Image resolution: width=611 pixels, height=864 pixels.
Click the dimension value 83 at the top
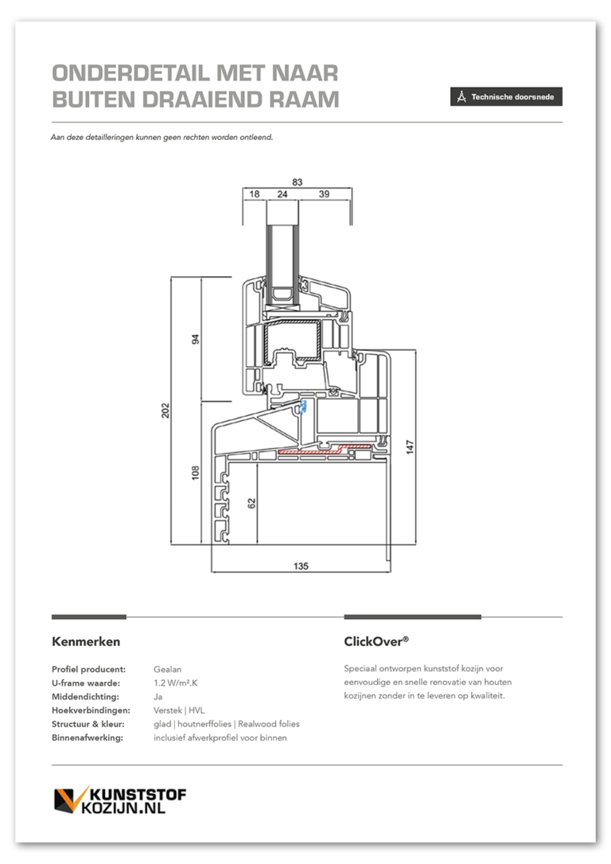tap(298, 182)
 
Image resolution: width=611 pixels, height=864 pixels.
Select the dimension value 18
tap(254, 194)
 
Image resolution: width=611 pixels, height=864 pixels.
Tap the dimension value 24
tap(282, 194)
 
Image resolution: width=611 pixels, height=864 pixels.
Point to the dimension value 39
tap(324, 194)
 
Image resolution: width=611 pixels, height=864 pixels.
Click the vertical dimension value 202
tap(165, 411)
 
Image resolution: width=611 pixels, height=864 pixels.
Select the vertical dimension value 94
tap(195, 339)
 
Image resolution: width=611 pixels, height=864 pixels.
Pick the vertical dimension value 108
tap(195, 473)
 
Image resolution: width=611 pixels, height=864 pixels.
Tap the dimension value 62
tap(251, 503)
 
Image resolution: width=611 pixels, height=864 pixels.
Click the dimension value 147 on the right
tap(410, 446)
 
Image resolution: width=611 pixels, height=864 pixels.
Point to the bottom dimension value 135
tap(301, 566)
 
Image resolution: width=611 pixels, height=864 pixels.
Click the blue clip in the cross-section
tap(302, 407)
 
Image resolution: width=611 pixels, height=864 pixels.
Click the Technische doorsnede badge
tap(506, 96)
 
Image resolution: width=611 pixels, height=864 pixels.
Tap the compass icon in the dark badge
tap(461, 96)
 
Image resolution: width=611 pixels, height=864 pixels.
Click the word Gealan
tap(168, 670)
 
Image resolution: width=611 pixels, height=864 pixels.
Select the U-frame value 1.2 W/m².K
tap(176, 683)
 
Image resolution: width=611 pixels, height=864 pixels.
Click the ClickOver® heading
tap(376, 641)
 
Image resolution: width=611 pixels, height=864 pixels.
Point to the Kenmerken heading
tap(86, 641)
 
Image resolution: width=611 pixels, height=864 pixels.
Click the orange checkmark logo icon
tap(71, 800)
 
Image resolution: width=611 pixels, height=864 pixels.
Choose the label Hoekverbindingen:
tap(91, 710)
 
